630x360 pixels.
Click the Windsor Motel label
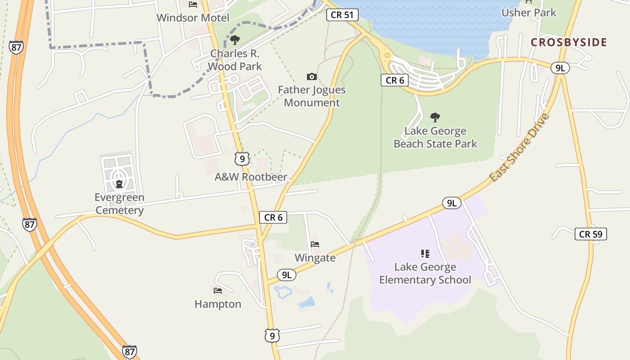[x=193, y=18]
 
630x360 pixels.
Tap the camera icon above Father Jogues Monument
[x=311, y=76]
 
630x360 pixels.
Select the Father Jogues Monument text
[x=312, y=96]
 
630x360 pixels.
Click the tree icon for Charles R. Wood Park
[x=234, y=40]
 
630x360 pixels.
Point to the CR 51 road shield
[x=342, y=15]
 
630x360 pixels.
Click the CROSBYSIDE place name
[x=569, y=42]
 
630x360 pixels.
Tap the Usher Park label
[x=529, y=13]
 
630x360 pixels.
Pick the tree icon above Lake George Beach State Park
[x=435, y=117]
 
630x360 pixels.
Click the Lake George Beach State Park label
[x=435, y=137]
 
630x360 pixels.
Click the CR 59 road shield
[x=590, y=234]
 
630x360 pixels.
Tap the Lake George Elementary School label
[x=425, y=273]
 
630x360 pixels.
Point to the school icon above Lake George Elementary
[x=425, y=254]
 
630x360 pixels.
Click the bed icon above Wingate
[x=315, y=244]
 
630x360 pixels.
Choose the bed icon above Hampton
[x=218, y=291]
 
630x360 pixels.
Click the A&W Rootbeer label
[x=251, y=177]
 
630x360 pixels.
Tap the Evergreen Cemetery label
[x=120, y=203]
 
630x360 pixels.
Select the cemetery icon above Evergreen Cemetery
[x=119, y=184]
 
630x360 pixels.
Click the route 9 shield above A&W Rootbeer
[x=242, y=158]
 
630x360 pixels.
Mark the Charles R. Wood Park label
[x=236, y=60]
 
